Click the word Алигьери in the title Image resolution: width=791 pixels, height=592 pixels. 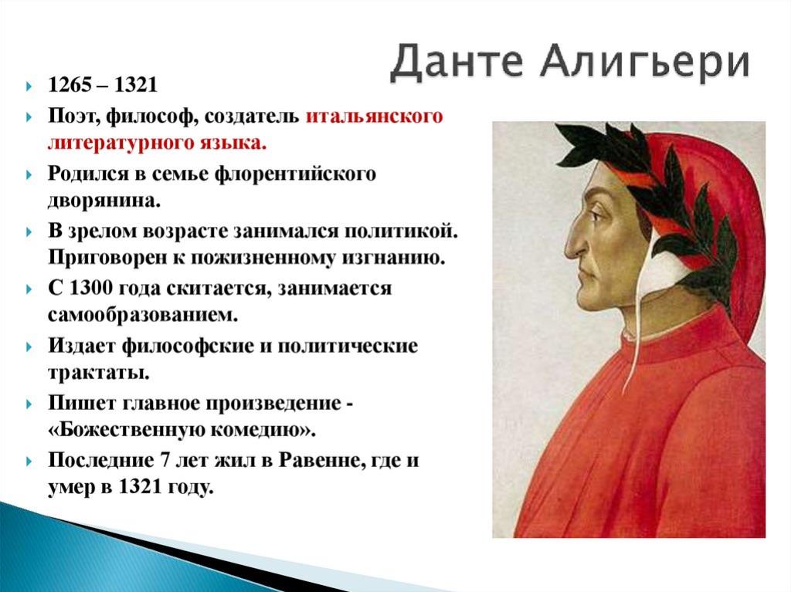tap(645, 62)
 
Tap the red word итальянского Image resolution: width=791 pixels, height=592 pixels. tap(375, 117)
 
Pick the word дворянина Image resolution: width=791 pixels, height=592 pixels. tap(104, 201)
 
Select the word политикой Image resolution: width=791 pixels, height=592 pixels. tap(401, 232)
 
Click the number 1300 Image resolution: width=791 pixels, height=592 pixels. tap(90, 289)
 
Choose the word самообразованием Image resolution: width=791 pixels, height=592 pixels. tap(143, 316)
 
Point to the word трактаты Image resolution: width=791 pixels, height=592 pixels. tap(99, 373)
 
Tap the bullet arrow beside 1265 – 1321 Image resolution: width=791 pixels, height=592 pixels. tap(29, 86)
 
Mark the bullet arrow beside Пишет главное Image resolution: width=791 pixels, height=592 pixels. tap(29, 404)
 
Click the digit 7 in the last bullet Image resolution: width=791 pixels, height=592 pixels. tap(164, 460)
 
